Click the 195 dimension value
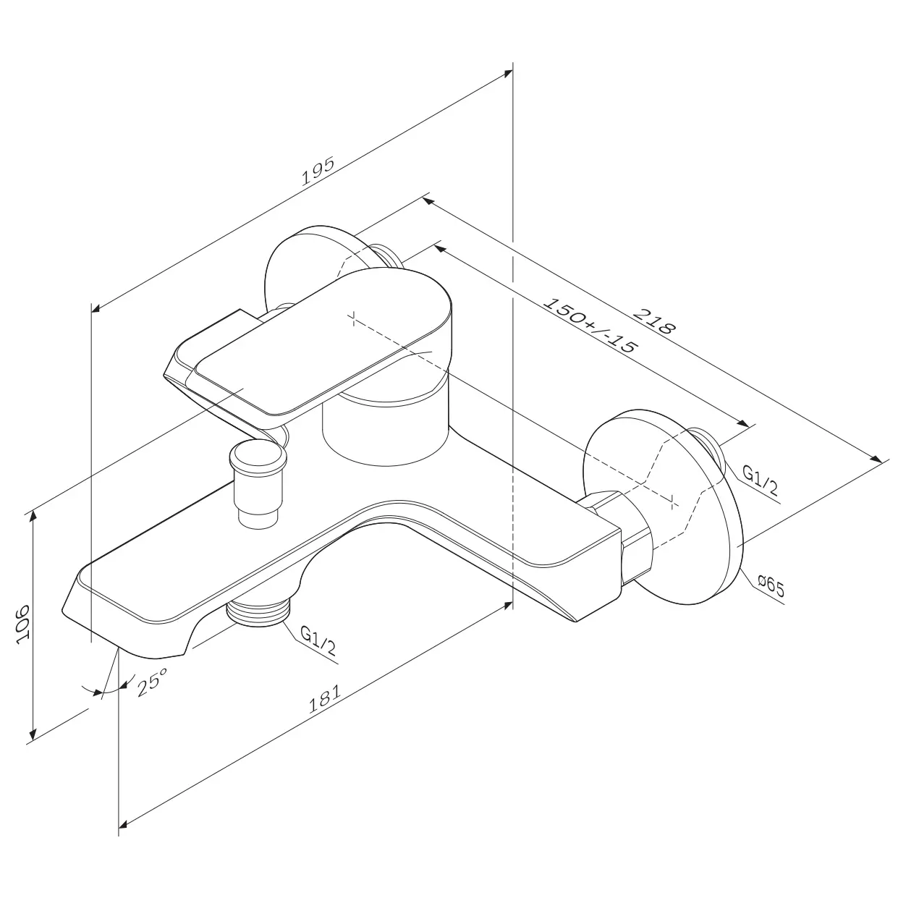click(318, 171)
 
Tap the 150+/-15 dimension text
click(589, 326)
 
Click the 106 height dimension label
click(23, 625)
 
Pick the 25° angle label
click(152, 682)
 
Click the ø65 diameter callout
click(771, 587)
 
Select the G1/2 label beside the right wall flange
click(760, 481)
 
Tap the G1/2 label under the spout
click(318, 641)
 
